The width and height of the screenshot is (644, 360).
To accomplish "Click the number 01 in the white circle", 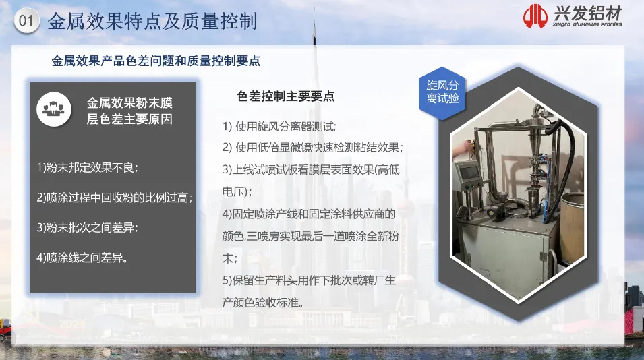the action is click(26, 20).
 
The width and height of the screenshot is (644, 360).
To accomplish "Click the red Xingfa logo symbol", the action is click(535, 16).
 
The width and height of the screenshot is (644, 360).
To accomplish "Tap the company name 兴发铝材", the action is click(588, 13).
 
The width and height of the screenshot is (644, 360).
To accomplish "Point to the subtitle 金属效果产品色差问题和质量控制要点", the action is click(156, 61).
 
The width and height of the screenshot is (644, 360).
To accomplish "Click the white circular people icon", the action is click(54, 109).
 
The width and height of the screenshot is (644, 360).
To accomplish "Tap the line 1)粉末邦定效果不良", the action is click(88, 167).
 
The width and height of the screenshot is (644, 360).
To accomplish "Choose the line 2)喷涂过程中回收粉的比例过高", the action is click(115, 198).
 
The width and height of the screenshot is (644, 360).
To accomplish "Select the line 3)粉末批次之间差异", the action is click(88, 227).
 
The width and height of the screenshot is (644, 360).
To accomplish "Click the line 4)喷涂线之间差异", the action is click(82, 258).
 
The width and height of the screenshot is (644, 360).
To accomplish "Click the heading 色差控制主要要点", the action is click(286, 96).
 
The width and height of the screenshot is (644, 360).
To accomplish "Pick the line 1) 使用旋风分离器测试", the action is click(280, 127).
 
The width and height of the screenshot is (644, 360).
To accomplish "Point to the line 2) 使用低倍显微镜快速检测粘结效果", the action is click(313, 148).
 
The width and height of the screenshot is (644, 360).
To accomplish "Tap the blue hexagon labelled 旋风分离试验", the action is click(442, 93).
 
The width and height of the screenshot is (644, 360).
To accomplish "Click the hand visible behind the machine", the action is click(462, 147).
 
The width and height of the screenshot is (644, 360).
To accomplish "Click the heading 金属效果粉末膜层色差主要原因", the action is click(129, 111).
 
